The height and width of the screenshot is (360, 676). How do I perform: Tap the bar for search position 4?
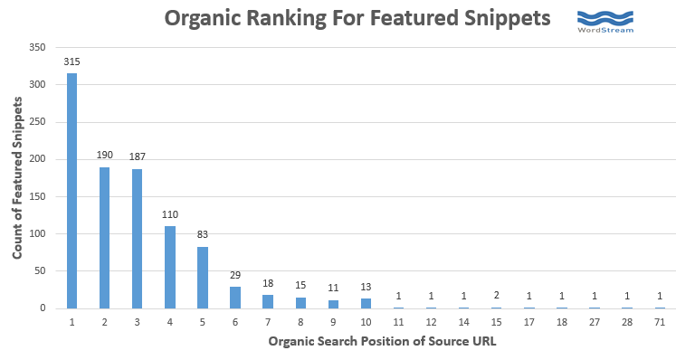click(x=170, y=267)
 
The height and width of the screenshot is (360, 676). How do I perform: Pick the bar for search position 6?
click(x=236, y=298)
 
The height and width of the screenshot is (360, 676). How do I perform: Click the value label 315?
click(x=71, y=61)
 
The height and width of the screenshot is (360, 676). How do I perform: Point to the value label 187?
click(x=138, y=156)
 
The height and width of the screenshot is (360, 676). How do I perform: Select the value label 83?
click(x=203, y=233)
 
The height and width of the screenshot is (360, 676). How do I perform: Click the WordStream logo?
click(x=605, y=21)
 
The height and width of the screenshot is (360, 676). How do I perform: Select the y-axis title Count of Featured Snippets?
click(x=17, y=179)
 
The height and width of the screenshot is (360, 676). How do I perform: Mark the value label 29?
click(x=236, y=274)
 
